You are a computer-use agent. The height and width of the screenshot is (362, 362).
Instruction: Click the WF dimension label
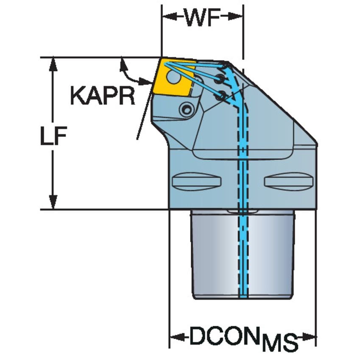click(x=202, y=18)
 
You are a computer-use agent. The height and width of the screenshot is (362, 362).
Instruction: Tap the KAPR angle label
click(x=103, y=96)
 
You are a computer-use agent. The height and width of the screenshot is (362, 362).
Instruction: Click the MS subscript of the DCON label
click(x=279, y=343)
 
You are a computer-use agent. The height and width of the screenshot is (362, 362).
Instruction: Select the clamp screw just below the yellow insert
click(x=185, y=110)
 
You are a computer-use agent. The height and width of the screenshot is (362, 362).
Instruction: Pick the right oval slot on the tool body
click(x=289, y=181)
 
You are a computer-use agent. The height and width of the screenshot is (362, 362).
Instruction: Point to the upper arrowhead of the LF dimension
click(x=53, y=63)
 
